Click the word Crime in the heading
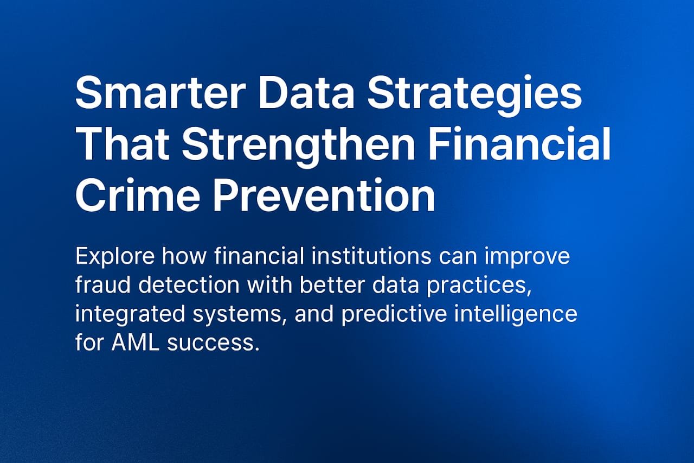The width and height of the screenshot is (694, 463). pos(137,195)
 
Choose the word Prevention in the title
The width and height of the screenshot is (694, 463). pos(324,194)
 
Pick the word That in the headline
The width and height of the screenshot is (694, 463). pos(122,143)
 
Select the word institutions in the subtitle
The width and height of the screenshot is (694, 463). pos(371,256)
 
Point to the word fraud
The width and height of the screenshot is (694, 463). pos(103,284)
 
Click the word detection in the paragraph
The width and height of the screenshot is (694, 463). pos(189,284)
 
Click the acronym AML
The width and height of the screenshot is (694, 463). pos(136,343)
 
